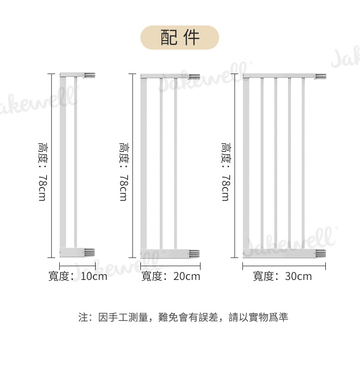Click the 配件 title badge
click(180, 38)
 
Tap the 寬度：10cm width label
click(78, 276)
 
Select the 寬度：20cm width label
click(171, 276)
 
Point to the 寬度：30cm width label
click(283, 276)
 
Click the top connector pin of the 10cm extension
click(90, 74)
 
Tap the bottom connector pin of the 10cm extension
click(90, 252)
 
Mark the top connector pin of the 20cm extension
click(195, 76)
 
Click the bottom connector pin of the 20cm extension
click(195, 253)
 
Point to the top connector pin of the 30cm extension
click(321, 76)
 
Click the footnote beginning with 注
click(183, 317)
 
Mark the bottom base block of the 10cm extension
click(72, 252)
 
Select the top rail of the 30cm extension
click(279, 76)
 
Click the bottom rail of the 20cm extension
click(166, 253)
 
